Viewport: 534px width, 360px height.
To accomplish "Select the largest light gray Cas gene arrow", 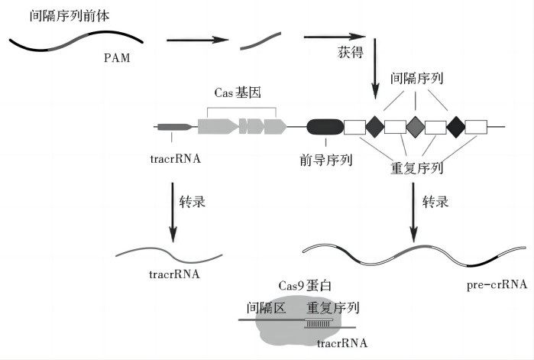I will coord(216,126).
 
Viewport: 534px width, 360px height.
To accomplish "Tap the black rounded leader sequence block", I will coord(325,126).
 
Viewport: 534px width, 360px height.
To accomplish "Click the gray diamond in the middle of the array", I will coord(415,126).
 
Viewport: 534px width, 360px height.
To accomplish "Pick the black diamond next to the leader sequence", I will coord(375,126).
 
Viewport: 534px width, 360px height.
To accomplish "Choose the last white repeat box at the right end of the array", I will coord(477,126).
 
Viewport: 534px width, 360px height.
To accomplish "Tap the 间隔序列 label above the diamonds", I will coord(416,78).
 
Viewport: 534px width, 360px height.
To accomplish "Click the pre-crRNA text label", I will coord(497,285).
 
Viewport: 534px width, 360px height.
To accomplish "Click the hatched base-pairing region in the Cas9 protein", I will coord(319,323).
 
